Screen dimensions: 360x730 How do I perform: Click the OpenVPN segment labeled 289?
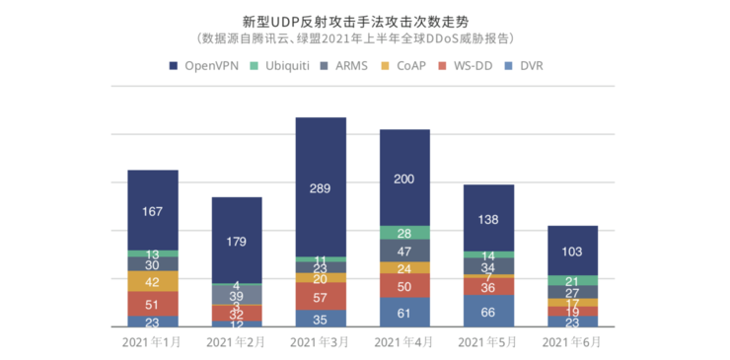pyautogui.click(x=321, y=187)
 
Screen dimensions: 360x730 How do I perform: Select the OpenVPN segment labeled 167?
pyautogui.click(x=153, y=210)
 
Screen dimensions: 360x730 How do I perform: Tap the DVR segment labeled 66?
pyautogui.click(x=488, y=312)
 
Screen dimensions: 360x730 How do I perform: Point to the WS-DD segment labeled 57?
pyautogui.click(x=321, y=297)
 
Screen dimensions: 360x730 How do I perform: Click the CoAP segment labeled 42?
pyautogui.click(x=153, y=281)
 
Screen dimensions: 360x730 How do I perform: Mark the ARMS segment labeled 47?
pyautogui.click(x=404, y=252)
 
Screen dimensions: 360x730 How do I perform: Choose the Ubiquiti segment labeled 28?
pyautogui.click(x=404, y=233)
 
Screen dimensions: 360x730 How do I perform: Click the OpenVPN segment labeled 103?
pyautogui.click(x=572, y=251)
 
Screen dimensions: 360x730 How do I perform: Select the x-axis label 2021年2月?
pyautogui.click(x=236, y=342)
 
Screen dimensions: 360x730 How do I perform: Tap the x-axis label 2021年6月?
pyautogui.click(x=572, y=342)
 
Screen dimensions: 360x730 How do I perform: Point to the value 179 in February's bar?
pyautogui.click(x=237, y=242)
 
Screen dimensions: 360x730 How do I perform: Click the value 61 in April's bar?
pyautogui.click(x=404, y=313)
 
